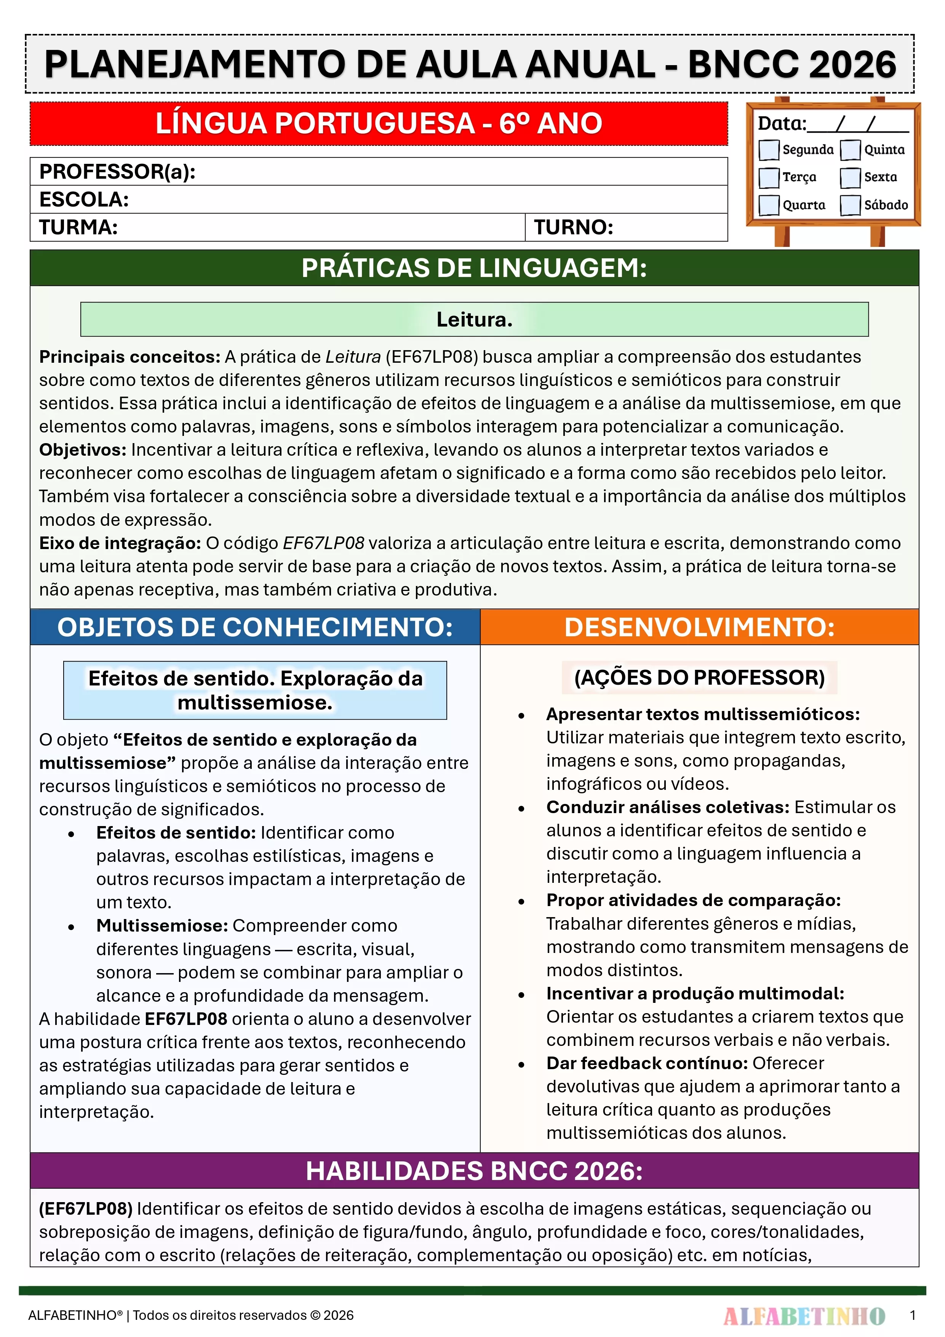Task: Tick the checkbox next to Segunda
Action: click(769, 150)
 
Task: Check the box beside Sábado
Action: click(850, 205)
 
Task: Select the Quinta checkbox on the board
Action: click(850, 150)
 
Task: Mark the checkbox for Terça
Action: click(769, 178)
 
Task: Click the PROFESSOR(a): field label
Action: click(117, 172)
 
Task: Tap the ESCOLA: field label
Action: click(84, 200)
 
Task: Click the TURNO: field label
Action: click(574, 227)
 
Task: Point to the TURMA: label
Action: click(78, 227)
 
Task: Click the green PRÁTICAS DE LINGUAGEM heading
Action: click(474, 268)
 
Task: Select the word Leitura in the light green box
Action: click(474, 319)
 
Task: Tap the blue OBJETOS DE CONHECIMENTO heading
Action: click(255, 627)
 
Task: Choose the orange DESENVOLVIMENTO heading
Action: click(699, 627)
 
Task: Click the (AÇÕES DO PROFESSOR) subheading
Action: click(699, 677)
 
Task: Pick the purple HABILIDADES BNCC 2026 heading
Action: click(474, 1170)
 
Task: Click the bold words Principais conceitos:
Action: click(129, 356)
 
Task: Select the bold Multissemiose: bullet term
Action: click(162, 925)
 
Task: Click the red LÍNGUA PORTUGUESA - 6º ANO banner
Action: click(379, 123)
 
